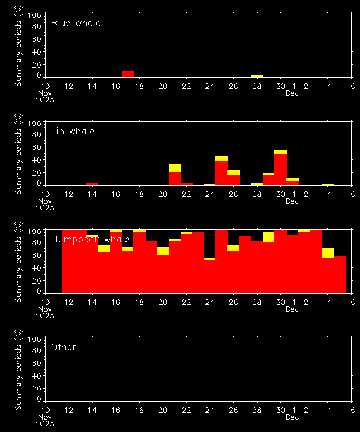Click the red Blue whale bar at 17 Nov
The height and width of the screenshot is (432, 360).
pyautogui.click(x=128, y=74)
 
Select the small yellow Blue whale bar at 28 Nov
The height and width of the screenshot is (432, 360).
pyautogui.click(x=257, y=76)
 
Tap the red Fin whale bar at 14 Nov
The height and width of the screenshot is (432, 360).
pyautogui.click(x=92, y=184)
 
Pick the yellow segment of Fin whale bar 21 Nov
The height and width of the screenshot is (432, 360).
pyautogui.click(x=175, y=168)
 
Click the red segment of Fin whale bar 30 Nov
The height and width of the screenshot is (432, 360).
pyautogui.click(x=281, y=169)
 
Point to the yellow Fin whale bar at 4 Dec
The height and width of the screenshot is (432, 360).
pyautogui.click(x=328, y=184)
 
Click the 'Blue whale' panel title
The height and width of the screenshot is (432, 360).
pyautogui.click(x=76, y=24)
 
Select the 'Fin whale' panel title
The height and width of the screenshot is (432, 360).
pyautogui.click(x=73, y=132)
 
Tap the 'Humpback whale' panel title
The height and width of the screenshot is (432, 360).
pyautogui.click(x=90, y=240)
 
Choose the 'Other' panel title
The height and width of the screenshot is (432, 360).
pyautogui.click(x=63, y=348)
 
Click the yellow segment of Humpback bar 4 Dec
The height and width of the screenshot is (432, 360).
pyautogui.click(x=328, y=253)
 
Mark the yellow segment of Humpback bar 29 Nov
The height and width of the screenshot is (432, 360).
pyautogui.click(x=269, y=237)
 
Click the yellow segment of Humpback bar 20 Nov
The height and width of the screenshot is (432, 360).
pyautogui.click(x=163, y=251)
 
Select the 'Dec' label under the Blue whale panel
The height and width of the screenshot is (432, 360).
pyautogui.click(x=292, y=93)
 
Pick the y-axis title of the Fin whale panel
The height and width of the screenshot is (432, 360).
pyautogui.click(x=19, y=153)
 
